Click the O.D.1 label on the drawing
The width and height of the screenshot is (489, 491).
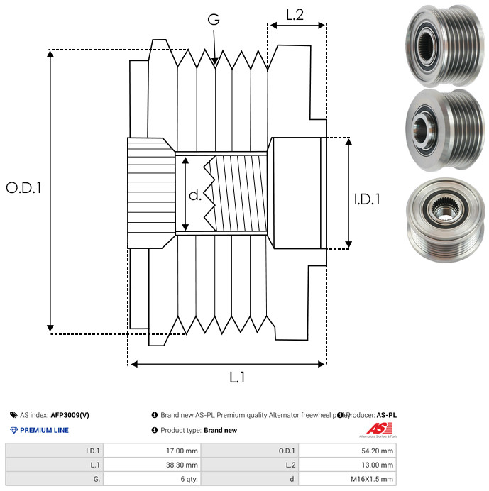pos(23,188)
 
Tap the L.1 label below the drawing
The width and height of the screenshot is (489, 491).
pos(236,378)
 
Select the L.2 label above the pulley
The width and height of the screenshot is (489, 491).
pos(295,13)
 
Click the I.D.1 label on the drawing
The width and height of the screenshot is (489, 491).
pos(367,199)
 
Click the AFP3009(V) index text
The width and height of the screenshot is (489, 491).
pos(70,415)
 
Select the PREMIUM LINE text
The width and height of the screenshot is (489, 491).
pos(44,430)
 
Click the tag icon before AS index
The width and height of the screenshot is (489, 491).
pos(13,415)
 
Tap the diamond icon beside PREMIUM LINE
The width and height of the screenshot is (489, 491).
pos(13,430)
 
